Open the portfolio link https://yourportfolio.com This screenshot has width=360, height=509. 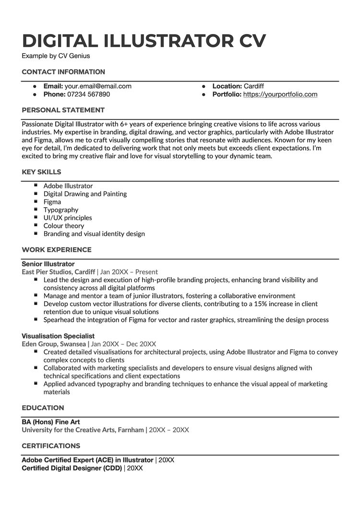tap(280, 95)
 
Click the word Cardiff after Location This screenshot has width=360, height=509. tap(254, 86)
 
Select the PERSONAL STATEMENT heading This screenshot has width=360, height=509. tap(63, 110)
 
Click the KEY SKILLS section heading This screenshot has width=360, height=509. tap(41, 172)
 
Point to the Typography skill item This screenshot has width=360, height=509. tap(61, 210)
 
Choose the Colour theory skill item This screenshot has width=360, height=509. tap(64, 225)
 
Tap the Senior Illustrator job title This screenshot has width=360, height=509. tap(48, 264)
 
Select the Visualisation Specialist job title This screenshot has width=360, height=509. tap(58, 336)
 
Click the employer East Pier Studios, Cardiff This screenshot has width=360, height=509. tap(58, 272)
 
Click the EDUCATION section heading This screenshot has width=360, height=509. tap(43, 408)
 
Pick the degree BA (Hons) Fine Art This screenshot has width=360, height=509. tap(51, 422)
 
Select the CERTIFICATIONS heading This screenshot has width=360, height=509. tap(51, 446)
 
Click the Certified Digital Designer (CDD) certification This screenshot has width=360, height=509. tap(72, 468)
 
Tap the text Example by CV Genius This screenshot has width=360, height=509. tap(56, 56)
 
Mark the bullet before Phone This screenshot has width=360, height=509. tap(35, 95)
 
